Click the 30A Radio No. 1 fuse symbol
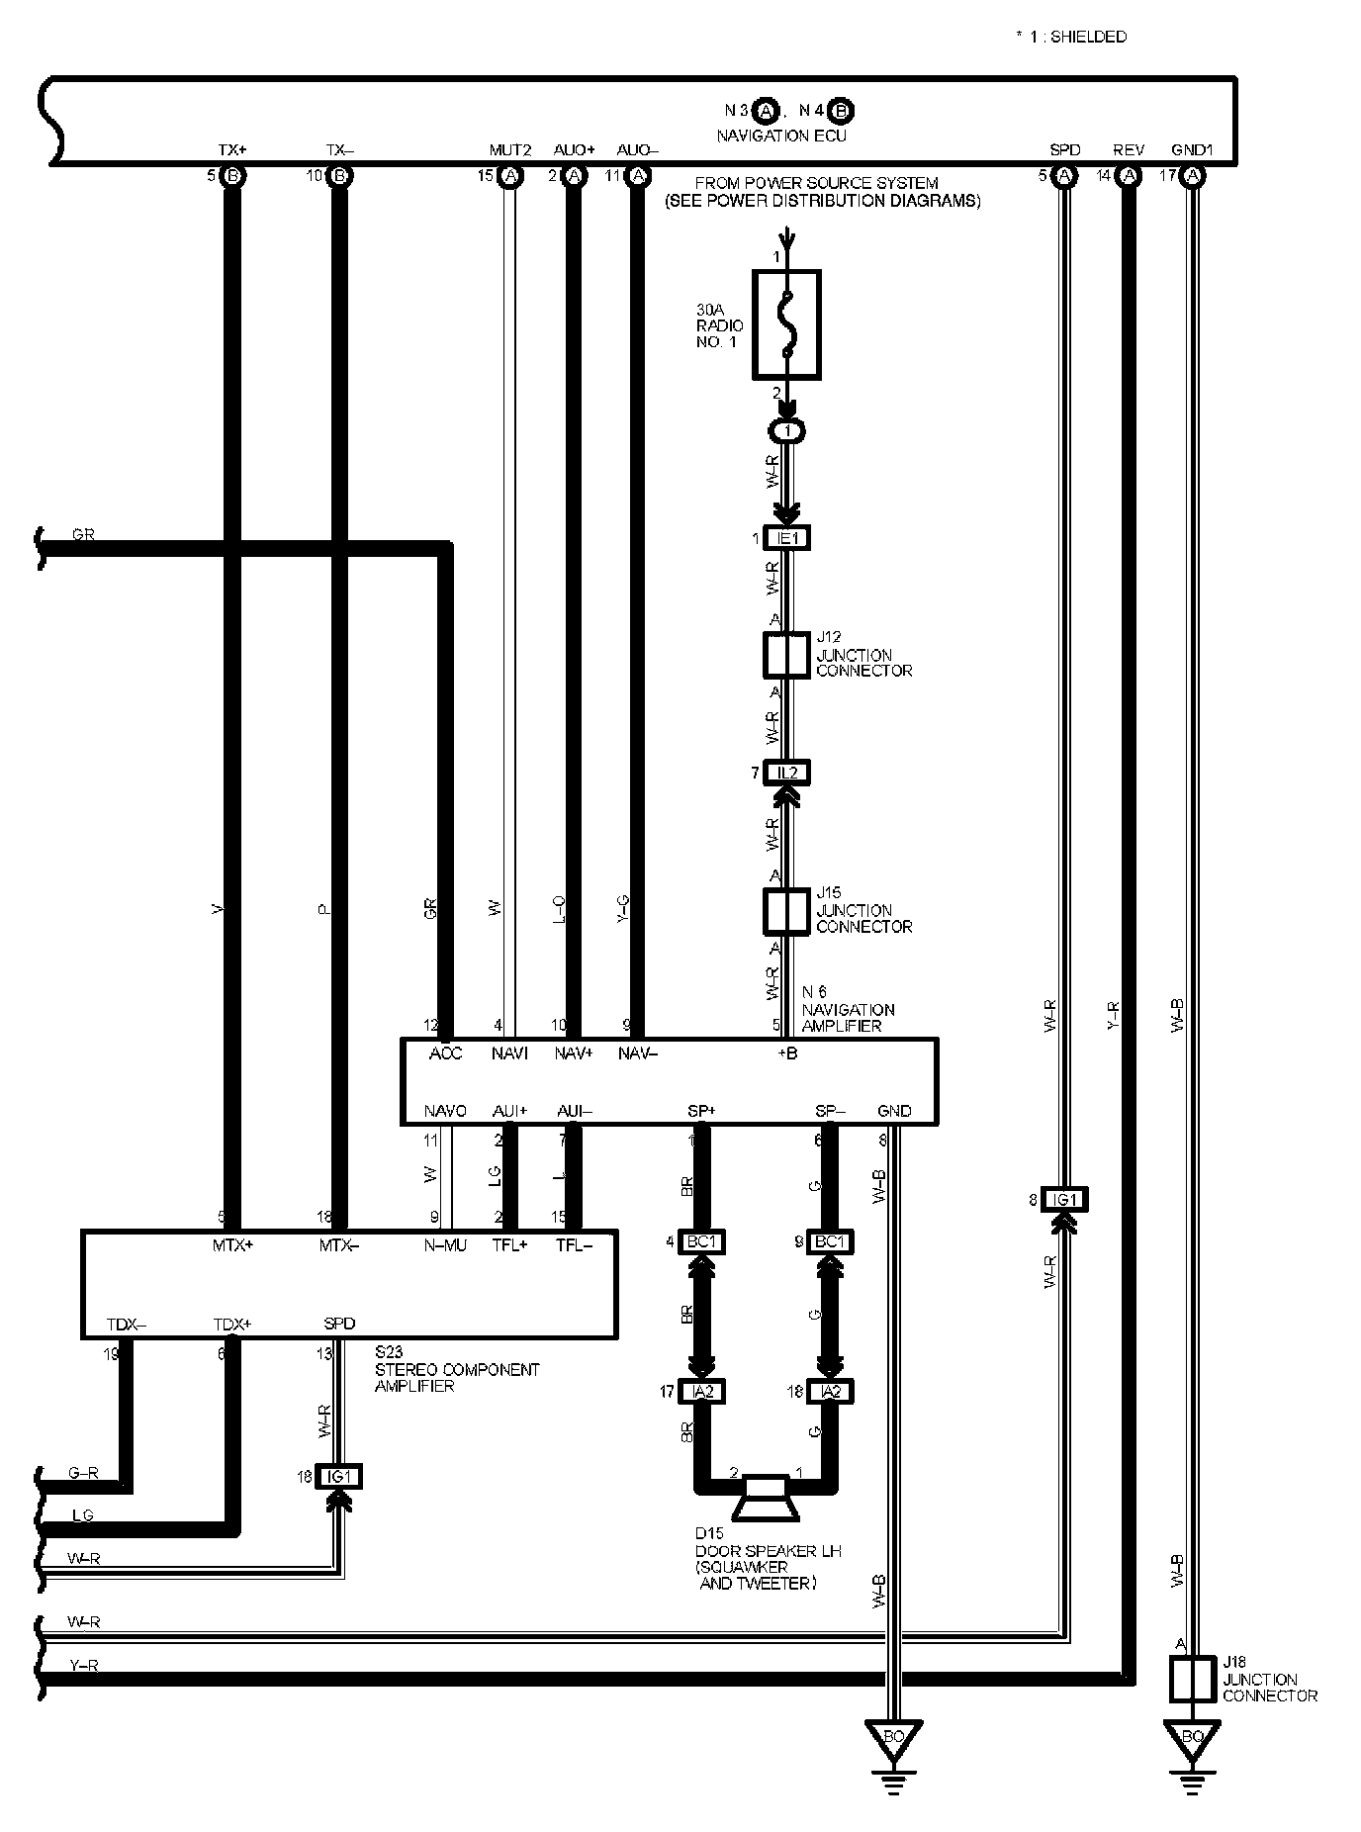tap(786, 324)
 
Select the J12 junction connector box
tap(786, 654)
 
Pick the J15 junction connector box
tap(786, 910)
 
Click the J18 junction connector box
tap(1192, 1679)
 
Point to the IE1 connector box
tap(787, 538)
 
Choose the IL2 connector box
tap(787, 773)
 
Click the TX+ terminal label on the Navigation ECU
tap(232, 150)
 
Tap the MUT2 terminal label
tap(510, 150)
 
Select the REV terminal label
tap(1129, 150)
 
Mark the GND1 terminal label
tap(1191, 150)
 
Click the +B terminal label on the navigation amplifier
tap(787, 1054)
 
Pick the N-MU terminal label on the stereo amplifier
tap(445, 1246)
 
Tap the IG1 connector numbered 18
tap(338, 1477)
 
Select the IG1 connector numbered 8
tap(1064, 1200)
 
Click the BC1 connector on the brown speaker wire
tap(701, 1241)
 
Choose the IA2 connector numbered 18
tap(831, 1392)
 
